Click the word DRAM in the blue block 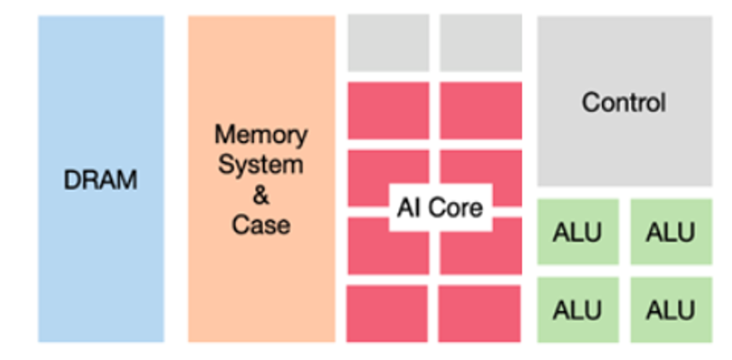(100, 180)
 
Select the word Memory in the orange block (261, 134)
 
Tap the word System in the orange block (260, 164)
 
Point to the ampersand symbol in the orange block (260, 194)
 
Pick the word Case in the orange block (260, 224)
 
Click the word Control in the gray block (624, 103)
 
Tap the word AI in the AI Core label (408, 207)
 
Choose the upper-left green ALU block (578, 233)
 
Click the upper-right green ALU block (671, 233)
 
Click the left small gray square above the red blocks (388, 43)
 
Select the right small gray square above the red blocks (480, 43)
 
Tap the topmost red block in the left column (388, 110)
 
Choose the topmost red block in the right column (480, 110)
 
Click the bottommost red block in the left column (388, 313)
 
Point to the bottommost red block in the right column (480, 313)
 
